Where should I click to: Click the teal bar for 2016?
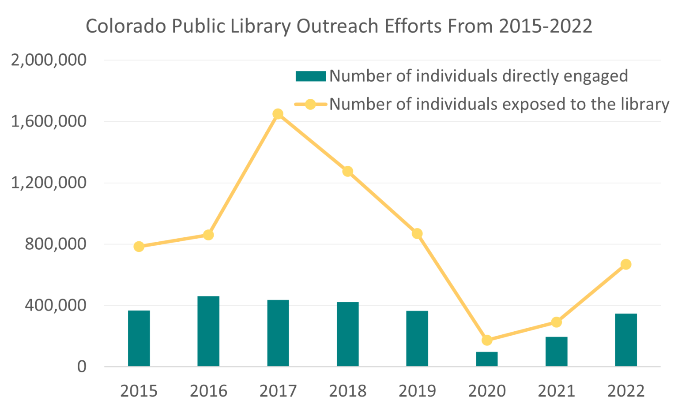(x=208, y=331)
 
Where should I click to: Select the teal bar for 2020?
(x=486, y=359)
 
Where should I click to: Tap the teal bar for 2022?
(x=625, y=340)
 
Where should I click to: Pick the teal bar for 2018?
(x=347, y=334)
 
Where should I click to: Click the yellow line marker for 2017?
(x=278, y=114)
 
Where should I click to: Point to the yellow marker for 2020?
(x=487, y=340)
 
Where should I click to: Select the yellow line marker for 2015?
(x=139, y=247)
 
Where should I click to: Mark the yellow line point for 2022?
(x=625, y=265)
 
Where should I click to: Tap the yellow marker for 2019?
(x=417, y=234)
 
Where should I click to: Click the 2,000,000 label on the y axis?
(x=49, y=60)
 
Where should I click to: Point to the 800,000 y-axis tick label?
(x=56, y=244)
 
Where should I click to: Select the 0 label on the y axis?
(x=82, y=367)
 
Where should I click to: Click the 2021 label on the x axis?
(x=556, y=391)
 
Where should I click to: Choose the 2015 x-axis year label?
(x=139, y=391)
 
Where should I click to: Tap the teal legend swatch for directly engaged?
(x=310, y=76)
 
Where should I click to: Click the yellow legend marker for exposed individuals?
(x=310, y=105)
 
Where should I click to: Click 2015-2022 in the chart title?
(x=546, y=26)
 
